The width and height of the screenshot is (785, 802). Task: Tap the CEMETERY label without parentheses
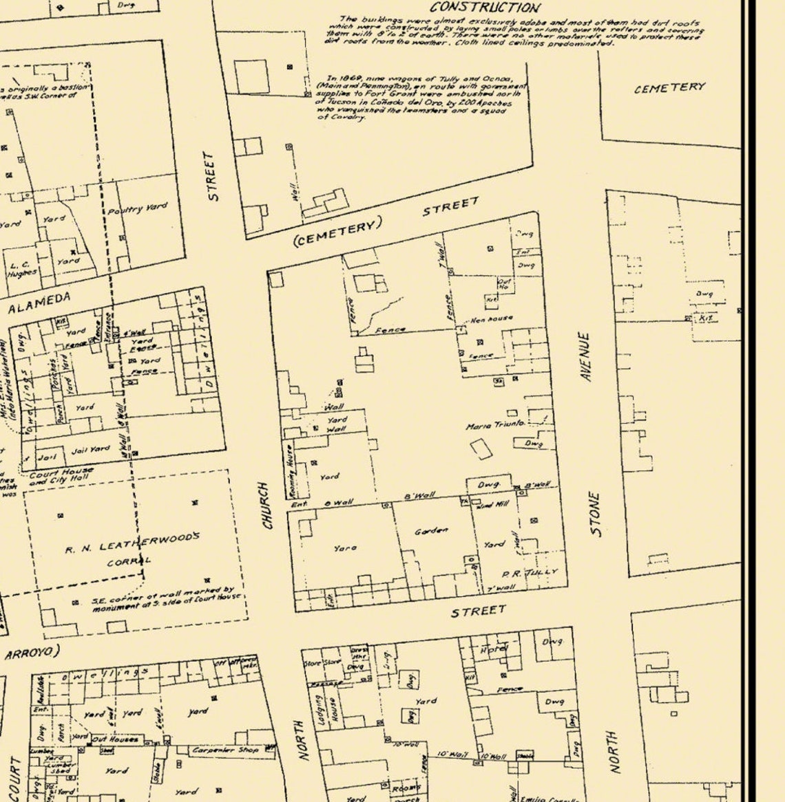point(669,87)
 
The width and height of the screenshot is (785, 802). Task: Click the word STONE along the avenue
point(595,514)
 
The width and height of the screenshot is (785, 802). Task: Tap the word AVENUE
point(586,358)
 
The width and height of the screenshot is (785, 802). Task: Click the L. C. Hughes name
point(22,268)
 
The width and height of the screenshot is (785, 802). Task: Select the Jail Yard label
point(91,451)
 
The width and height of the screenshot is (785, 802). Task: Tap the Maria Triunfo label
point(495,426)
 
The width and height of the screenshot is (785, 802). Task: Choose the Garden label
point(431,531)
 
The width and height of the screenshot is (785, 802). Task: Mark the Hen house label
point(491,320)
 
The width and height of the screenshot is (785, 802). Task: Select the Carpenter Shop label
point(222,750)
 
